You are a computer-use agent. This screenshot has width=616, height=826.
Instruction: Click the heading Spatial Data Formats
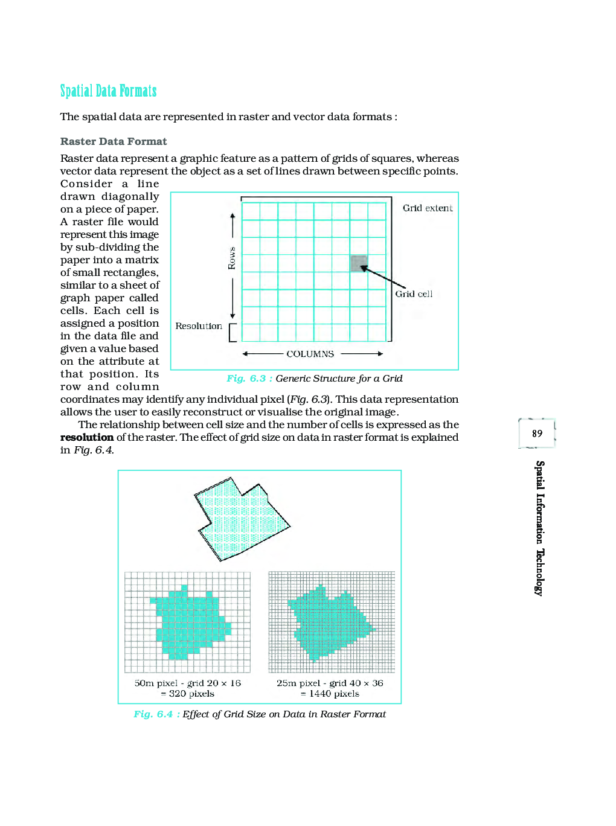pos(108,91)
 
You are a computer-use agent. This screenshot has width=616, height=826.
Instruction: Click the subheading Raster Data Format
pos(114,141)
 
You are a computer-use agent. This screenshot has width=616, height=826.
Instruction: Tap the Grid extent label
pos(428,208)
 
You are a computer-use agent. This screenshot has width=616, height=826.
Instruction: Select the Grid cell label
pos(414,294)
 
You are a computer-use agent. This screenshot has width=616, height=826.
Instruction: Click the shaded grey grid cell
pos(359,263)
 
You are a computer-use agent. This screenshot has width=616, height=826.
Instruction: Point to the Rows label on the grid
pos(232,258)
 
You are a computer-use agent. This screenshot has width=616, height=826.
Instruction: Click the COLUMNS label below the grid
pos(310,354)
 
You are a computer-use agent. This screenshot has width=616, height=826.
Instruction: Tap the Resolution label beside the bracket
pos(199,326)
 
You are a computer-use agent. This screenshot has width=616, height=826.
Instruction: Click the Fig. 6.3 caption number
pos(246,379)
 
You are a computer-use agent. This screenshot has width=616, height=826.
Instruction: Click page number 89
pos(537,434)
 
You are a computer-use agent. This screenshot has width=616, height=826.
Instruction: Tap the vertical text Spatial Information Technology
pos(540,528)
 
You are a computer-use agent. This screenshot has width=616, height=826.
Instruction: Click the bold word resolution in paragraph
pos(87,437)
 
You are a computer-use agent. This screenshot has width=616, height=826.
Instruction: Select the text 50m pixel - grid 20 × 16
pos(187,683)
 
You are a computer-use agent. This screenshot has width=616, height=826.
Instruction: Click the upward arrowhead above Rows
pos(232,216)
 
